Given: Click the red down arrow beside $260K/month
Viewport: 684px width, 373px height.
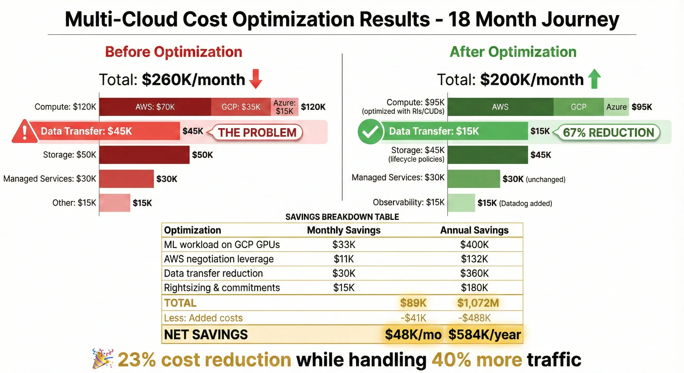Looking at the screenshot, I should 256,79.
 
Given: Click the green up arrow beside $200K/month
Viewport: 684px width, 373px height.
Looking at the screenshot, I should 594,79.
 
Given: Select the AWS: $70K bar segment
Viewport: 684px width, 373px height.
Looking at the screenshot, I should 155,107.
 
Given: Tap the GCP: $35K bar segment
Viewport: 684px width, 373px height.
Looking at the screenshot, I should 241,107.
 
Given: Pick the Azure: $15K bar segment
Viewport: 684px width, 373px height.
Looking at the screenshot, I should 284,107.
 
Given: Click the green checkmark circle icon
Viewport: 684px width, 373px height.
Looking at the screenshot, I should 370,131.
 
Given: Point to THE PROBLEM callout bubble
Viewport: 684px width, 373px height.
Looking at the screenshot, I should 257,132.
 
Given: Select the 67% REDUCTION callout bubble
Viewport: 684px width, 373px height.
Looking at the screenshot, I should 608,132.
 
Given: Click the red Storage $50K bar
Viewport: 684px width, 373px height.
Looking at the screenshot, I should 144,154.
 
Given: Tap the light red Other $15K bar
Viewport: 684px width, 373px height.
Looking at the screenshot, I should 115,203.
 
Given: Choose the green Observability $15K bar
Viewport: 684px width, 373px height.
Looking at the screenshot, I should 461,203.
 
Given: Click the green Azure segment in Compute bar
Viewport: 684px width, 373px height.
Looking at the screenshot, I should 616,107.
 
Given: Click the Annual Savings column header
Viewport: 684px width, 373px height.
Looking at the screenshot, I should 474,230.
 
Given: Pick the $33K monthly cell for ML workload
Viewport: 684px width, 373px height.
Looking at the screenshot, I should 344,245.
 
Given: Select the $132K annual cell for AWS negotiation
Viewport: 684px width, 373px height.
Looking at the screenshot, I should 474,259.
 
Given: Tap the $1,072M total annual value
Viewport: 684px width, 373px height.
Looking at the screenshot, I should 478,303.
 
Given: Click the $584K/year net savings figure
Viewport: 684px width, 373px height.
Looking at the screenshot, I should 484,334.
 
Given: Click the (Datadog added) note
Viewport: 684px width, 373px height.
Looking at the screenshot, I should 525,203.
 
